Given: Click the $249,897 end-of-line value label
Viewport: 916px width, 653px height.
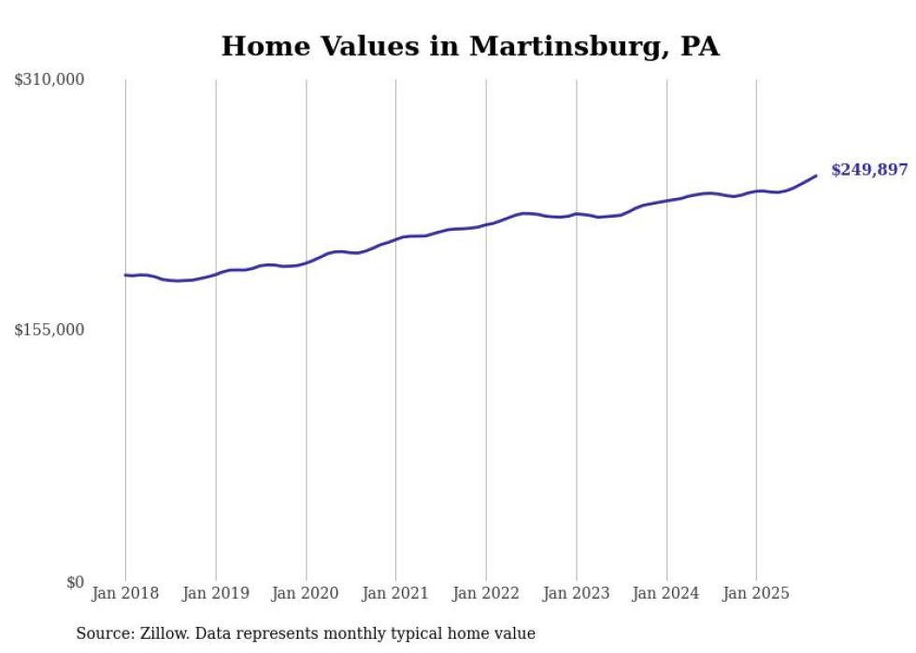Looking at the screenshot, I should pyautogui.click(x=868, y=170).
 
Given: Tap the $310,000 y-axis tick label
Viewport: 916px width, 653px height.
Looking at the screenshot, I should pyautogui.click(x=49, y=80).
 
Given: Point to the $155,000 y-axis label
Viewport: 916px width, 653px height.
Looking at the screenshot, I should pyautogui.click(x=49, y=330).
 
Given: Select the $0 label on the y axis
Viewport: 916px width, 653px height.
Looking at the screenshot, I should pyautogui.click(x=75, y=582).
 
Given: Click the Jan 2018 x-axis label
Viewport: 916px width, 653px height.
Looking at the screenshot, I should pyautogui.click(x=125, y=593).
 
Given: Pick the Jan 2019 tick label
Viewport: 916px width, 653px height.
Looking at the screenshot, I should pyautogui.click(x=216, y=593).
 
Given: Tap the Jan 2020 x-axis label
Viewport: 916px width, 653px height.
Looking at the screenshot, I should pyautogui.click(x=306, y=593).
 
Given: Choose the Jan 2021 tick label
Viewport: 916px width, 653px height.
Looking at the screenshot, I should pyautogui.click(x=395, y=593).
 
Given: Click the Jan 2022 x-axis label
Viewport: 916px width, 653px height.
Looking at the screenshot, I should pyautogui.click(x=486, y=593).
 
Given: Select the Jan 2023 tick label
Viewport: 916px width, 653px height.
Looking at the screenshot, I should pyautogui.click(x=576, y=593).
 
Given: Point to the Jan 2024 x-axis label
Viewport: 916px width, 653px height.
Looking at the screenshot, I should pyautogui.click(x=666, y=593).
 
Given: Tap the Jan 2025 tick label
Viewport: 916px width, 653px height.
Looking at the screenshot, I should pyautogui.click(x=756, y=593).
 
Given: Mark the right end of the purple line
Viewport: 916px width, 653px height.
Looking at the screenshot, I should pyautogui.click(x=817, y=175).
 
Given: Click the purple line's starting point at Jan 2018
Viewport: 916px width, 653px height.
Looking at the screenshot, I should pyautogui.click(x=125, y=275).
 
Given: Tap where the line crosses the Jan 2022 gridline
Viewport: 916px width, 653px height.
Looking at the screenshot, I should pyautogui.click(x=486, y=224).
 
